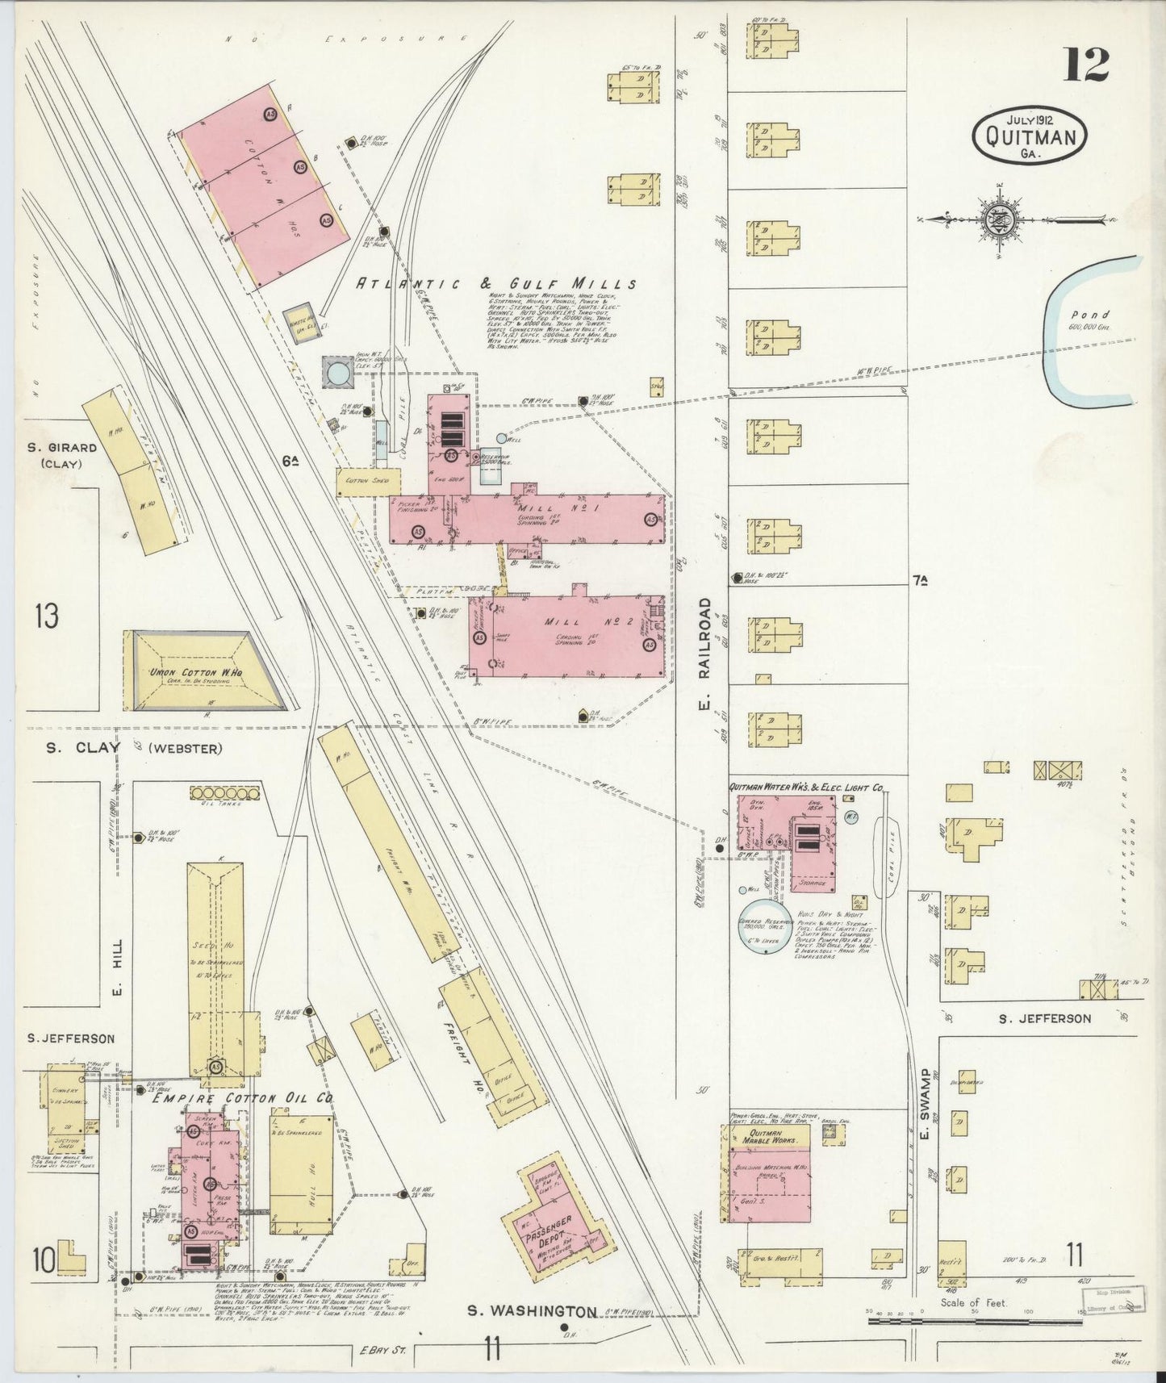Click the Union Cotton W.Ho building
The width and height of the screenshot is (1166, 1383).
coord(204,671)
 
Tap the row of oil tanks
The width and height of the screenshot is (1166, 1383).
coord(226,794)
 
